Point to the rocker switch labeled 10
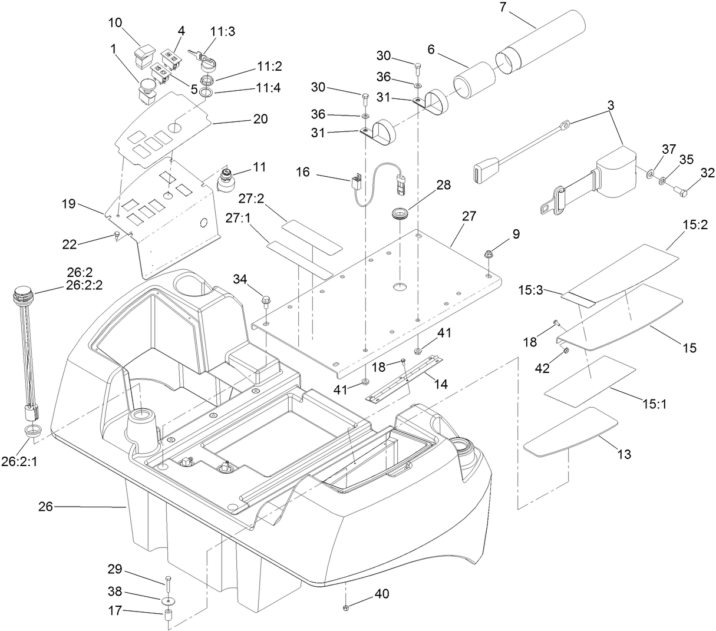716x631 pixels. point(143,52)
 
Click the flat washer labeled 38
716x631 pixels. point(168,600)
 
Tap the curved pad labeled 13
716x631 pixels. point(570,432)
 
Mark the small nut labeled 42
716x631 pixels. point(564,351)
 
